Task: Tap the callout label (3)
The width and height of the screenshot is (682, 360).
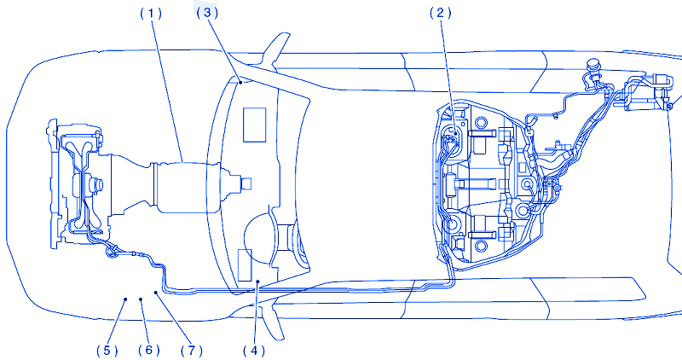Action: (x=207, y=13)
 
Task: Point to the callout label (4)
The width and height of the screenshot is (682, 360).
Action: (x=252, y=348)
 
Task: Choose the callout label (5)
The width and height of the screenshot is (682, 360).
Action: (x=106, y=349)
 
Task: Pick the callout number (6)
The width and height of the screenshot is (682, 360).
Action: (x=147, y=349)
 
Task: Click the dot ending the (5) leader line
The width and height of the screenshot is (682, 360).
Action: (x=125, y=299)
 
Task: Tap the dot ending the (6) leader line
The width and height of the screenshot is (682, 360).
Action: (x=141, y=299)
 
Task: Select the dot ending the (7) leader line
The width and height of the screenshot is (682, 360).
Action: (x=155, y=293)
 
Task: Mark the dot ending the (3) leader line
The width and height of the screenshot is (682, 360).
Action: (x=243, y=83)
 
